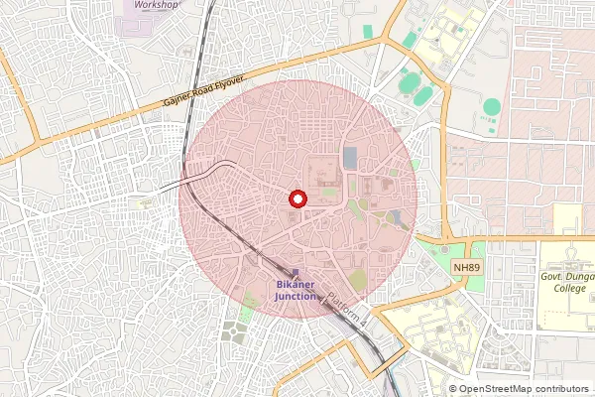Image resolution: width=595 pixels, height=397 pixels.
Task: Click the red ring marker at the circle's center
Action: tap(296, 198)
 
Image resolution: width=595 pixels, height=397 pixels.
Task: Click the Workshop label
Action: tap(157, 5)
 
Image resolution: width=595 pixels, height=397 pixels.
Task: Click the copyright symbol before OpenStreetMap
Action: tap(453, 389)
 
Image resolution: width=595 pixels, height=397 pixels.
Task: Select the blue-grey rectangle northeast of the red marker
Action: tap(350, 157)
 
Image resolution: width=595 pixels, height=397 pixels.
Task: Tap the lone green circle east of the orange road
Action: tap(492, 106)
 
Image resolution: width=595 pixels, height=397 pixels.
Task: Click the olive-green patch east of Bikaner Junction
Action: tap(357, 282)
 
